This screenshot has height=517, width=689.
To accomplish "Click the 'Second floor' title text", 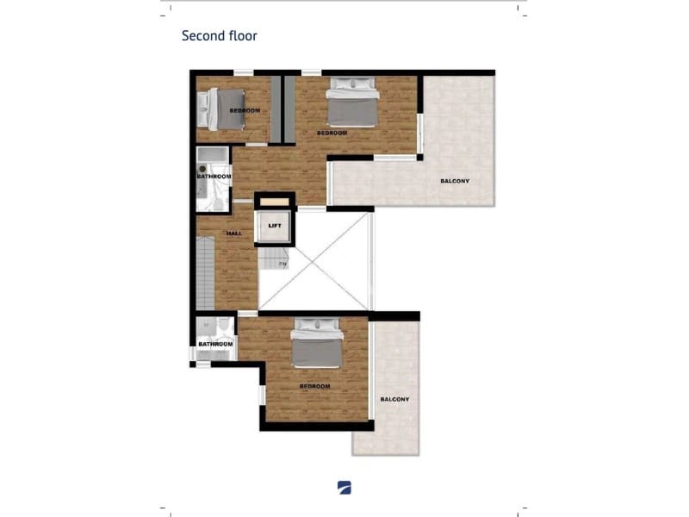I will pos(219,36).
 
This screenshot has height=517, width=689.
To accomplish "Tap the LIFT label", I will pos(275,226).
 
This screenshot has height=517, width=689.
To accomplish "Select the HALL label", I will pos(233,234).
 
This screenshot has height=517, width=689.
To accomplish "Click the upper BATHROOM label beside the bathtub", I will pos(214,177).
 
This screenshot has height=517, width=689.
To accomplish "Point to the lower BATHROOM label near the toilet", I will pos(215,344).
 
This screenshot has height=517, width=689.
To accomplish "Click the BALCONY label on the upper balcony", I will pos(455,181).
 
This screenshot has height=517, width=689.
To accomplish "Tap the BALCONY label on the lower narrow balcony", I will pos(394,399).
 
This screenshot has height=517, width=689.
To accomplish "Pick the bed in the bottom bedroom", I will pos(317,344).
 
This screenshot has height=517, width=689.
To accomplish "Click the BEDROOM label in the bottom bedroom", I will pos(314,386).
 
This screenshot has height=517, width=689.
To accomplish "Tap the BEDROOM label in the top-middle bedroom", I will pos(332,133).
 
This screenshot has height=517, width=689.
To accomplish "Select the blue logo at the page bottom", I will pos(344,487).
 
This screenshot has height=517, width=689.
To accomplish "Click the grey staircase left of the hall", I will pos(204,274).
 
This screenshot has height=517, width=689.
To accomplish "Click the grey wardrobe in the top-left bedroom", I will pos(276,109).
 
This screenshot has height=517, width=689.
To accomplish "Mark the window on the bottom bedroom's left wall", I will pos(262,394).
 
